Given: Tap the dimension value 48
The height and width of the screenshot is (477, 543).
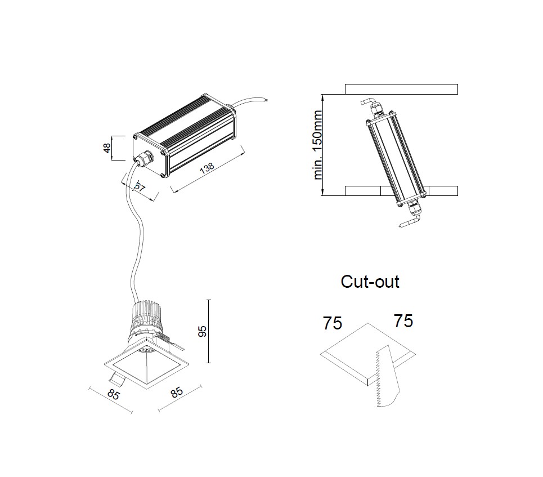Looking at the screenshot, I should [106, 148].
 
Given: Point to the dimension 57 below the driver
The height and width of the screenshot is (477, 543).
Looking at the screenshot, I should [138, 187].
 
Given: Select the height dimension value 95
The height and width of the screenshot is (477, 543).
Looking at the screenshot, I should [203, 331].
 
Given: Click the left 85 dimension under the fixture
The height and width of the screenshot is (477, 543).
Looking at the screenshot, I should [113, 394].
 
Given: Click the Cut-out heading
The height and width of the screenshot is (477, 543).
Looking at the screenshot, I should [370, 282].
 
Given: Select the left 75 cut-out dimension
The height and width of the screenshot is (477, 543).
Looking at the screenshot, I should [332, 323].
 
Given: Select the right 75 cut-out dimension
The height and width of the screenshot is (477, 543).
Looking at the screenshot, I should [403, 321].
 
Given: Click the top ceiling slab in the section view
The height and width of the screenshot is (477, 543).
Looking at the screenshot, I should [401, 89].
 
